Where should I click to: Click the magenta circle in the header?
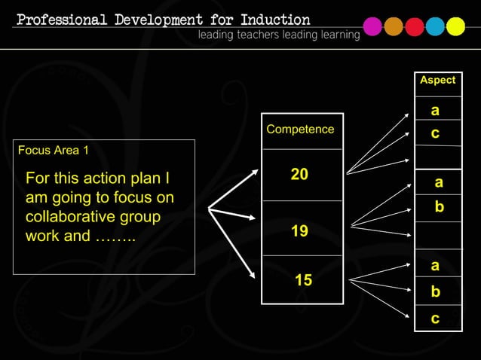tap(372, 27)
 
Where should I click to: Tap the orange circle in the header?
tap(394, 27)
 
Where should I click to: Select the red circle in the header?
tap(415, 27)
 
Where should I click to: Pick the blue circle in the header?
tap(435, 27)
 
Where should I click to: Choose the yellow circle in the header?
tap(455, 27)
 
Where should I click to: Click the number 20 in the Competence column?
tap(299, 175)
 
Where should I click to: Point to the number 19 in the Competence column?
tap(299, 231)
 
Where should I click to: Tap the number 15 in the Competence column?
tap(303, 281)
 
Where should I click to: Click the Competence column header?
tap(300, 130)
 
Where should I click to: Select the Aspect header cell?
tap(437, 80)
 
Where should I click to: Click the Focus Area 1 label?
tap(53, 150)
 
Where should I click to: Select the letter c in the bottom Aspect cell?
tap(435, 319)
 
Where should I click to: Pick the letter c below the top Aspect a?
tap(435, 133)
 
